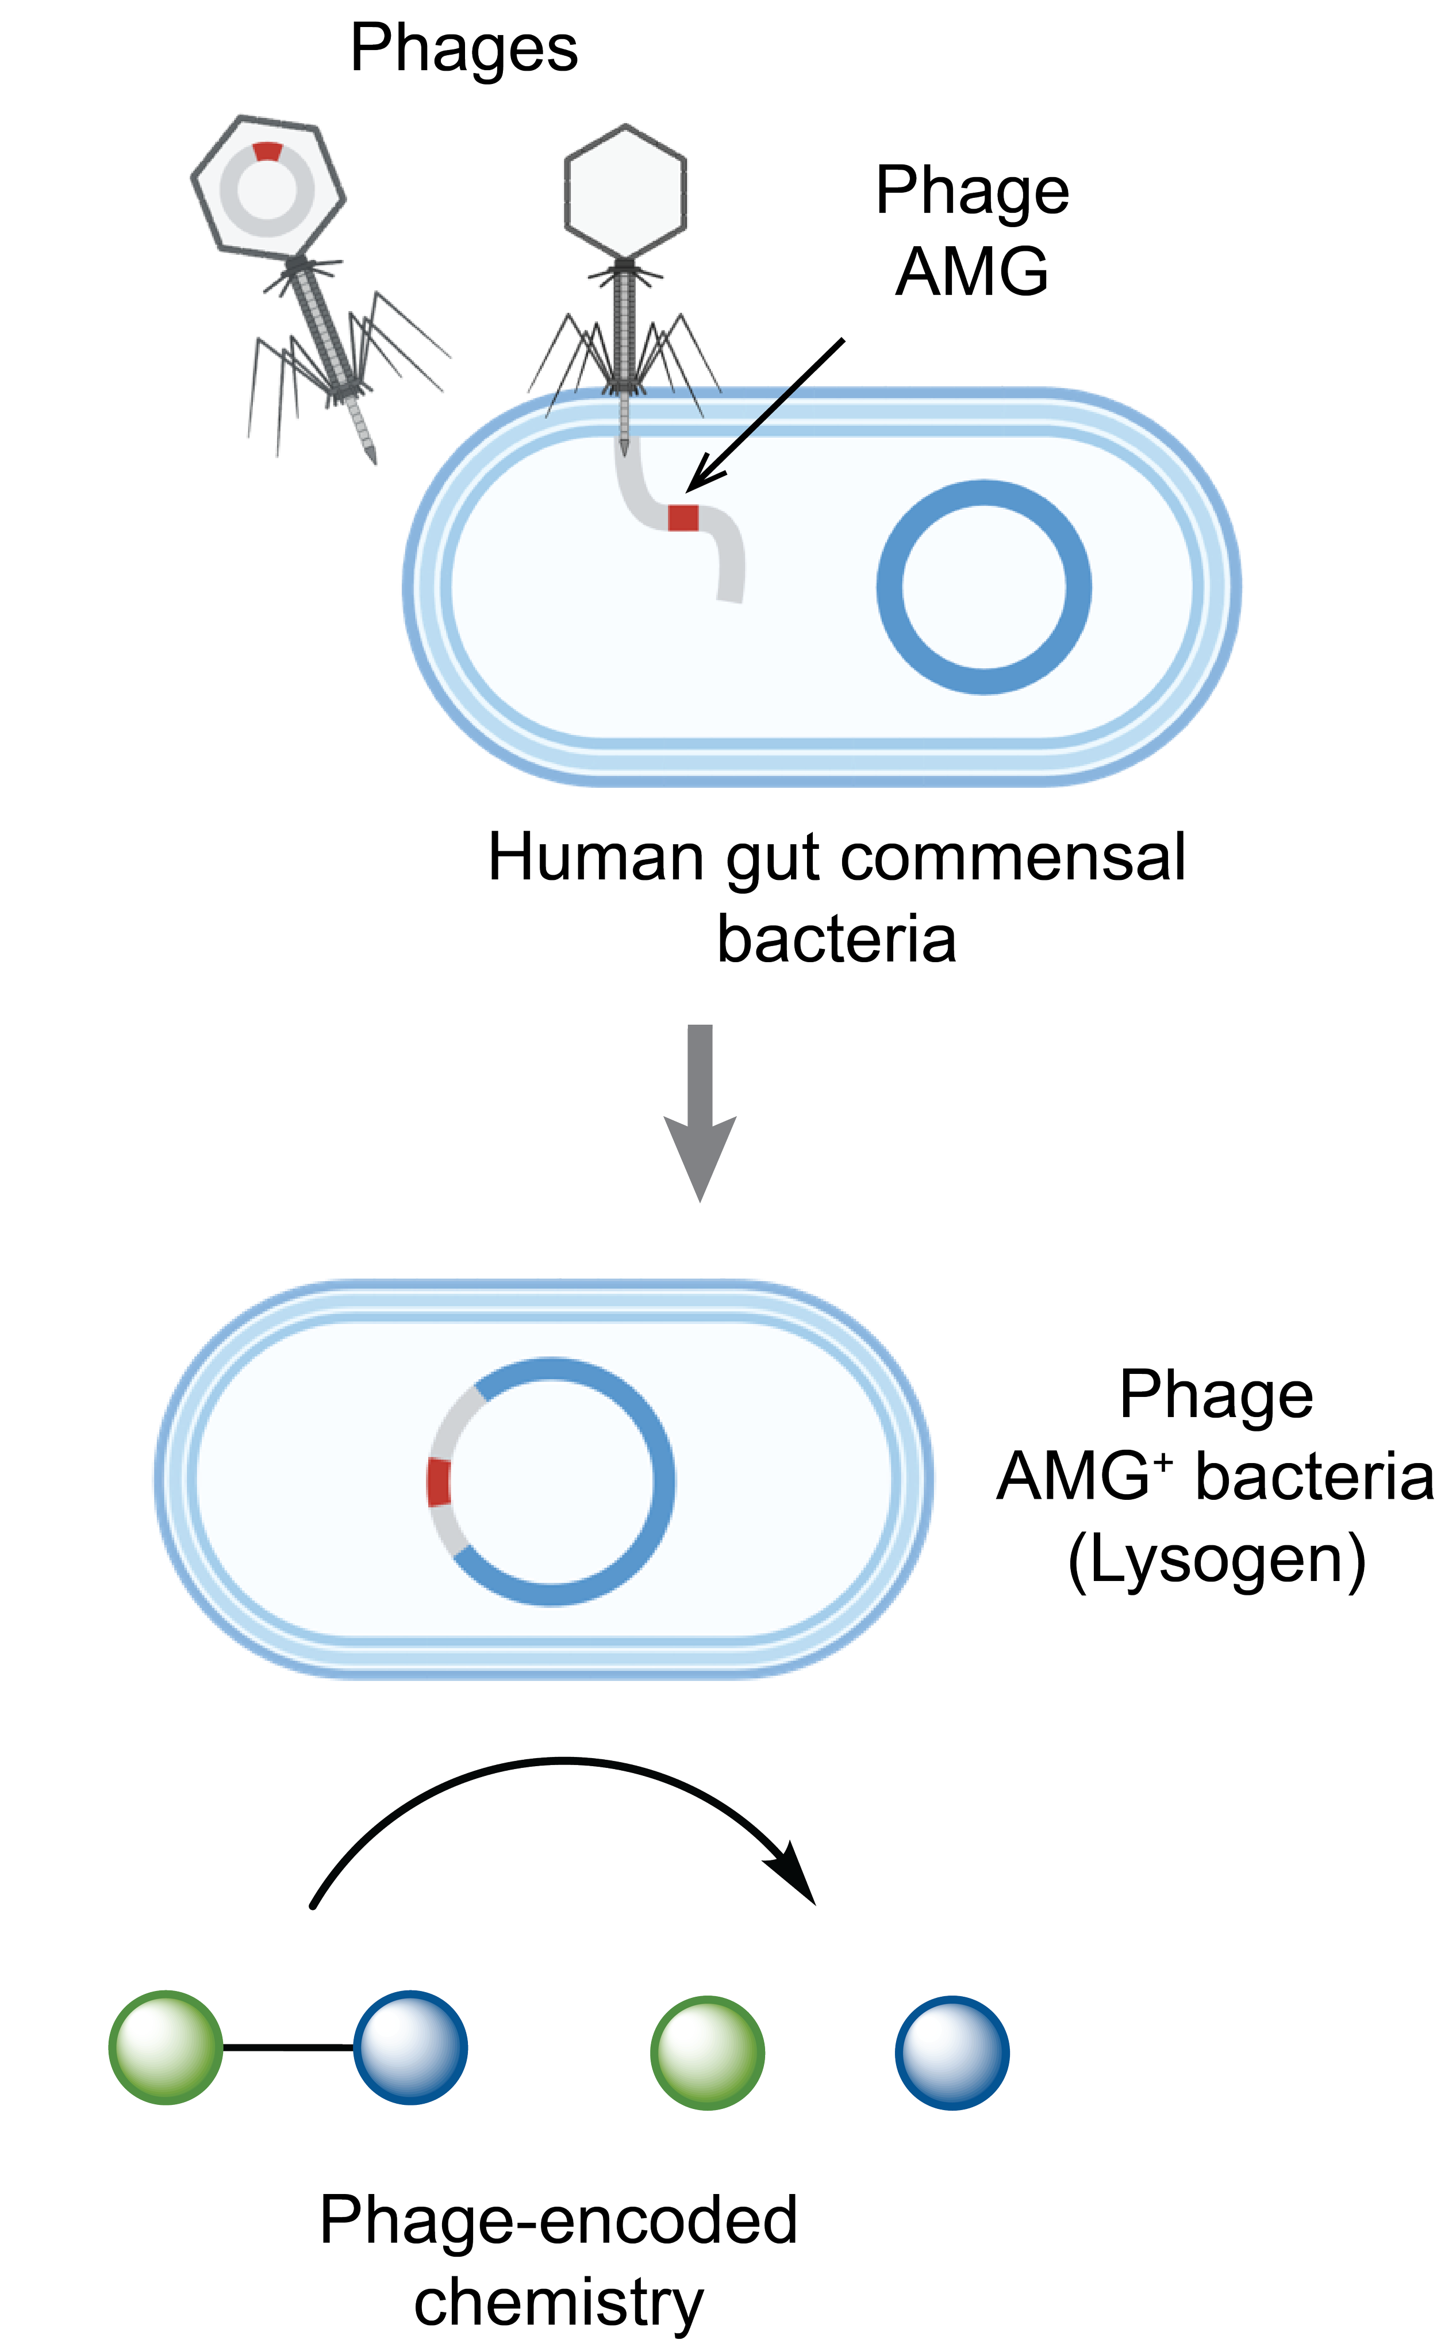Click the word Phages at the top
coord(464,49)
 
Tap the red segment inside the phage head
coord(268,151)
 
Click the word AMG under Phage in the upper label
coord(973,273)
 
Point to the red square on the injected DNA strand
coord(683,517)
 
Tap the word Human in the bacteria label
coord(597,857)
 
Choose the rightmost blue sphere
coord(951,2052)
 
